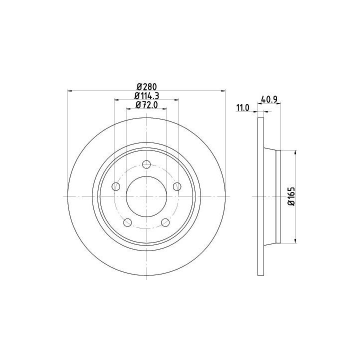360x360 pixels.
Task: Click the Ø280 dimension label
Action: tap(146, 87)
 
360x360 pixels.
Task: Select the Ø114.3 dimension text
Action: tap(146, 95)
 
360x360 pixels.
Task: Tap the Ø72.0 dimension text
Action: tap(146, 105)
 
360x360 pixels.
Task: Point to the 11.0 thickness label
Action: tap(242, 107)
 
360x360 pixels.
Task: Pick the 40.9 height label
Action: tap(269, 99)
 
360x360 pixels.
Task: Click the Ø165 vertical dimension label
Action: tap(291, 196)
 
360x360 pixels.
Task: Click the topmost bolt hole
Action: tap(146, 164)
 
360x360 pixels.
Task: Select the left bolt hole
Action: tap(115, 186)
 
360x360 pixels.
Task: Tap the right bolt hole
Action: tap(177, 186)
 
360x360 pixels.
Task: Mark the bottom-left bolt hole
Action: tap(127, 222)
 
